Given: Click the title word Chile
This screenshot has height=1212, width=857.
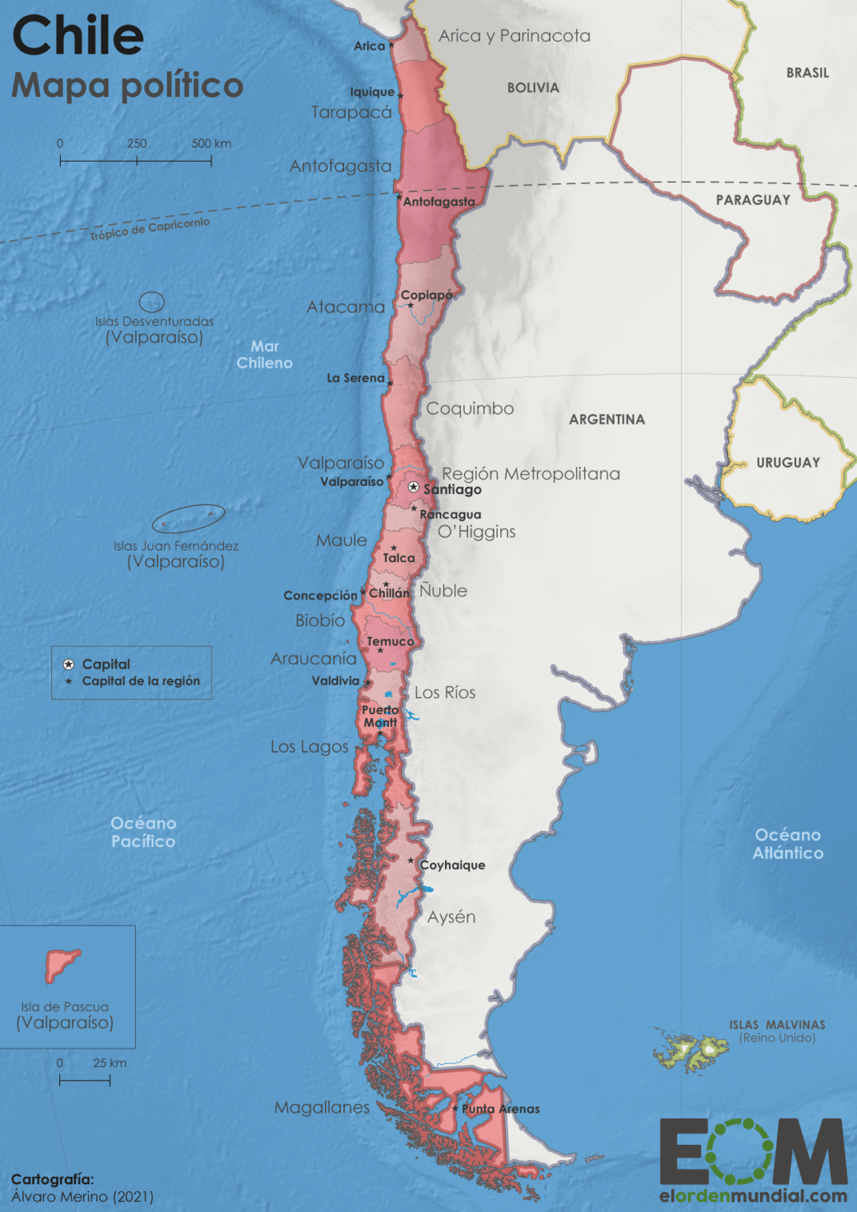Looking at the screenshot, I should (x=78, y=36).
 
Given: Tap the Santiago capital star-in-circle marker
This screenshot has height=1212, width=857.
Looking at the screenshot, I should (x=414, y=488).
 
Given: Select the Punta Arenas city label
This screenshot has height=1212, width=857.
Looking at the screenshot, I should (x=501, y=1109).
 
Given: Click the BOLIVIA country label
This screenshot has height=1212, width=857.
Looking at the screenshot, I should (x=533, y=88).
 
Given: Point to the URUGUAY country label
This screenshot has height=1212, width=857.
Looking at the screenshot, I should (x=788, y=462).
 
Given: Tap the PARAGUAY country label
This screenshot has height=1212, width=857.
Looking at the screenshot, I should (x=753, y=200).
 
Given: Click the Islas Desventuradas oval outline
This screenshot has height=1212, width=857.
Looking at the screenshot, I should (x=152, y=301).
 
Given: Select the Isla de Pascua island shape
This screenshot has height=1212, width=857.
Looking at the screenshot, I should (x=61, y=963).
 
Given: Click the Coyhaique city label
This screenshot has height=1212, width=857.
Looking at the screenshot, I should (x=452, y=865).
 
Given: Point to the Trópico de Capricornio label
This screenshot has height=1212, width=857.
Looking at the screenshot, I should (x=150, y=229).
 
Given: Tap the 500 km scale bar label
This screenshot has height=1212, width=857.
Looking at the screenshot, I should (x=211, y=144).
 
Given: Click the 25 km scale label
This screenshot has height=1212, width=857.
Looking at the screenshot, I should (x=110, y=1063).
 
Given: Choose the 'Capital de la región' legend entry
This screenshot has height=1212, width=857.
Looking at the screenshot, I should (x=140, y=681).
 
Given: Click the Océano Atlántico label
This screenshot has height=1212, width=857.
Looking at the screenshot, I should (x=788, y=844).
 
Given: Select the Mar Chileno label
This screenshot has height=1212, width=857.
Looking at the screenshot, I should (x=264, y=354).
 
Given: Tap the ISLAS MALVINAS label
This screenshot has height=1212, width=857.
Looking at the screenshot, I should (x=777, y=1025).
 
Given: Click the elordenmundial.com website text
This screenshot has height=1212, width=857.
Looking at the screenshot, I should (x=753, y=1196).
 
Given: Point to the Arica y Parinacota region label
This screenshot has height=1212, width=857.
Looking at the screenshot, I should (x=514, y=36).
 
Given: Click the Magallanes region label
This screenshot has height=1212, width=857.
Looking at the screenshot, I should (x=322, y=1107).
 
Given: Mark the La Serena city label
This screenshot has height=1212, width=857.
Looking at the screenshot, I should (x=355, y=378).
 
